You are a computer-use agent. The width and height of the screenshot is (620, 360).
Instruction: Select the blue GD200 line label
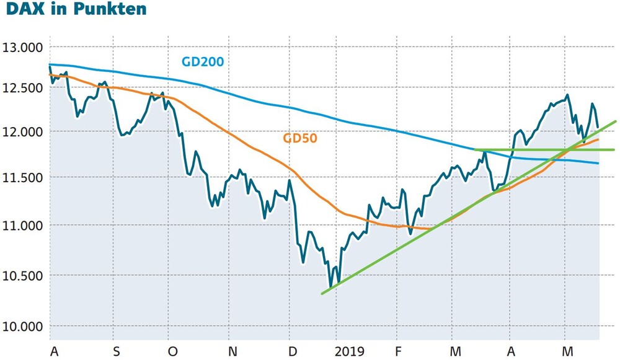pos(203,61)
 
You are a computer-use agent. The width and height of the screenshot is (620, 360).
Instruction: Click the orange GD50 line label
pos(300,138)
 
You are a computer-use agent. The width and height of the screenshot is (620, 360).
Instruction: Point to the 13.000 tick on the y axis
pos(22,48)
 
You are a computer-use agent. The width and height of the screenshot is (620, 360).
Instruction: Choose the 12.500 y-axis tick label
pos(22,88)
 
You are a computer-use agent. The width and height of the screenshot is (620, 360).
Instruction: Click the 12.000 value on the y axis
pos(22,132)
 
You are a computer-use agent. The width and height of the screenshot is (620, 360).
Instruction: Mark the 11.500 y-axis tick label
pos(22,178)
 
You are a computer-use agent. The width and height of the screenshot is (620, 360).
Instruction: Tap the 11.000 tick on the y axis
pos(22,226)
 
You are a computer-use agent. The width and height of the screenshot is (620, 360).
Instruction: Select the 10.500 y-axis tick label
pos(22,276)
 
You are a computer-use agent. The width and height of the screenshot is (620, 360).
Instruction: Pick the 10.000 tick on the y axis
pos(22,327)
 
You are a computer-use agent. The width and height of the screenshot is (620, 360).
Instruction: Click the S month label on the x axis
pos(117,351)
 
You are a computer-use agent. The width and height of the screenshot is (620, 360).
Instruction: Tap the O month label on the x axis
pos(173,351)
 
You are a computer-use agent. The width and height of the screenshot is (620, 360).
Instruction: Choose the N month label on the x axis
pos(233,351)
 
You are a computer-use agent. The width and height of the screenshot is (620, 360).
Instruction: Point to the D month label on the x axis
pos(293,351)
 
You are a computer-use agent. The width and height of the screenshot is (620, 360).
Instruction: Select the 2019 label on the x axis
pos(350,351)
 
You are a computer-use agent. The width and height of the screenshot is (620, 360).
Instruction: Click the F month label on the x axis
pos(398,351)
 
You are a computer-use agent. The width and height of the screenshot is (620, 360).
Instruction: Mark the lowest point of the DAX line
pos(330,287)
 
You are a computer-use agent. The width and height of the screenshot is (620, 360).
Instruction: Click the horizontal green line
pos(544,150)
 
